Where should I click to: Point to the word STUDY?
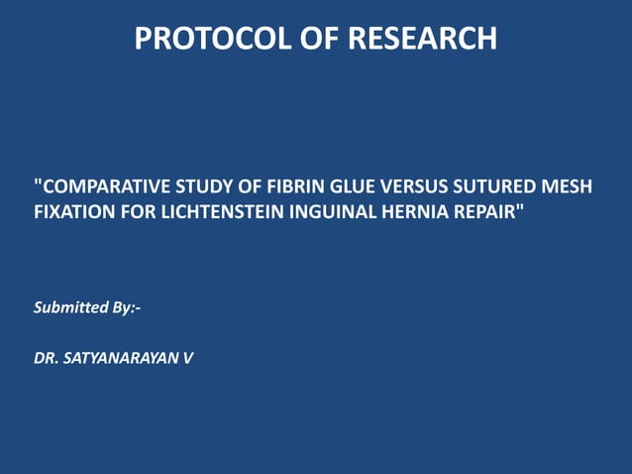[202, 185]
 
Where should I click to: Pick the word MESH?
[567, 185]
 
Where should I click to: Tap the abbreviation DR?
[47, 357]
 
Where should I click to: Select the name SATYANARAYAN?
[121, 357]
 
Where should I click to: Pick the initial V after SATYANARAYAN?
[188, 357]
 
